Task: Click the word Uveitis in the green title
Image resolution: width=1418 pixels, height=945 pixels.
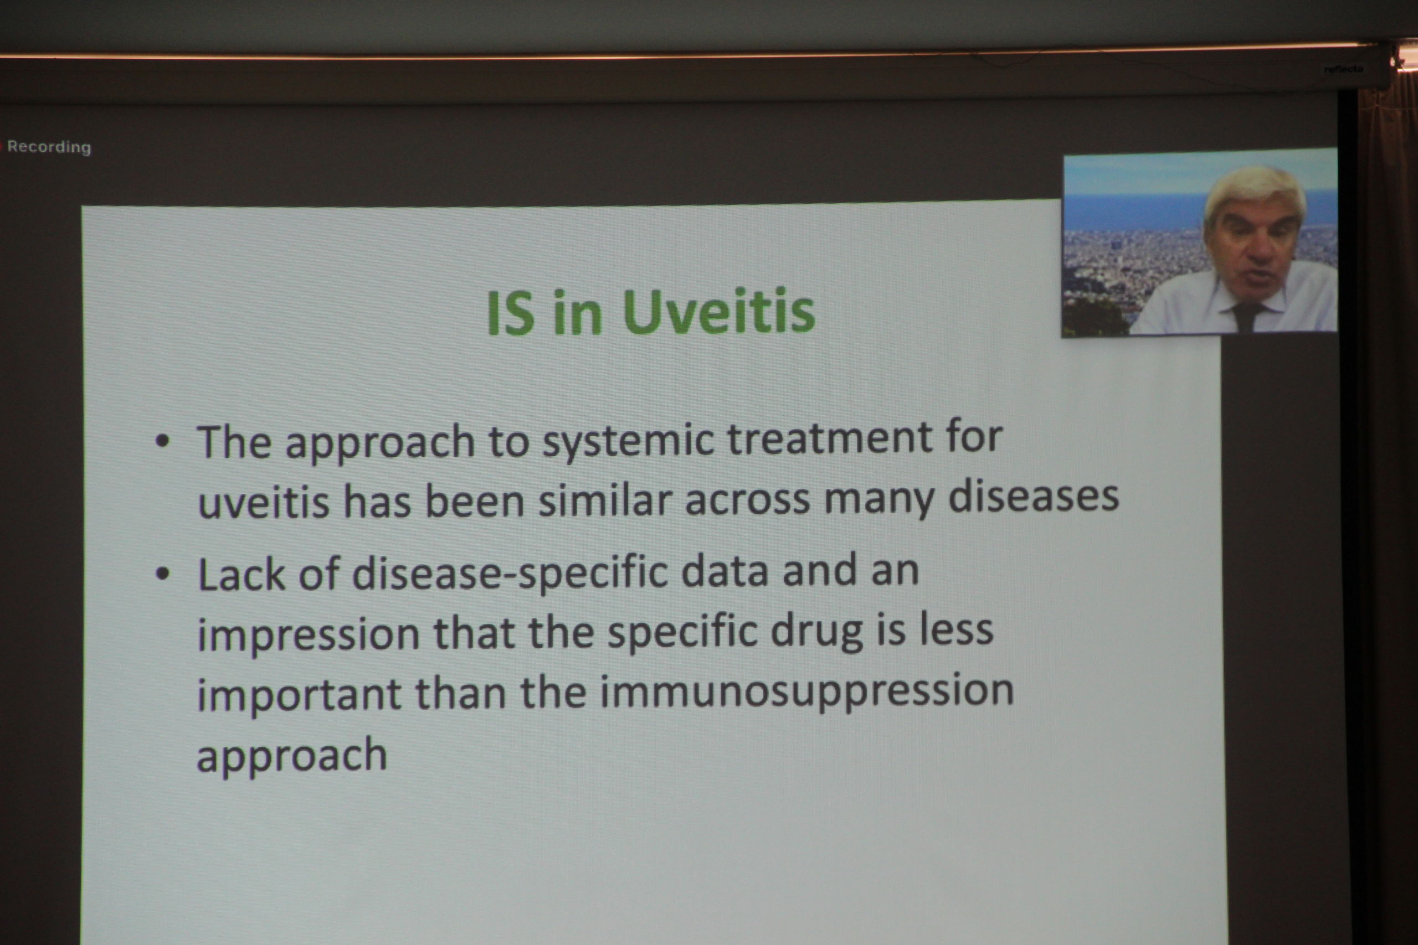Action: (x=718, y=312)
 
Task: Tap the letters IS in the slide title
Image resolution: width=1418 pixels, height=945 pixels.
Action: (x=510, y=313)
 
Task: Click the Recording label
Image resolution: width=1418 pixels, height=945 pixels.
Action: (x=49, y=147)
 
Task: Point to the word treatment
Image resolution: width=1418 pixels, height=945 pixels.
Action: (x=830, y=437)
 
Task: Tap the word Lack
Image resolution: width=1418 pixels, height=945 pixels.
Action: (x=241, y=574)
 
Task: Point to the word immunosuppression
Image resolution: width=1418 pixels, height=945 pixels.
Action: (x=806, y=694)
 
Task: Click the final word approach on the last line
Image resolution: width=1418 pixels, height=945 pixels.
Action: (x=292, y=756)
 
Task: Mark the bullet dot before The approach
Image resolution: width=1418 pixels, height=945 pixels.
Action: (x=162, y=442)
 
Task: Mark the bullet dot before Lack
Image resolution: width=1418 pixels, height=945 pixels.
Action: (x=162, y=574)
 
